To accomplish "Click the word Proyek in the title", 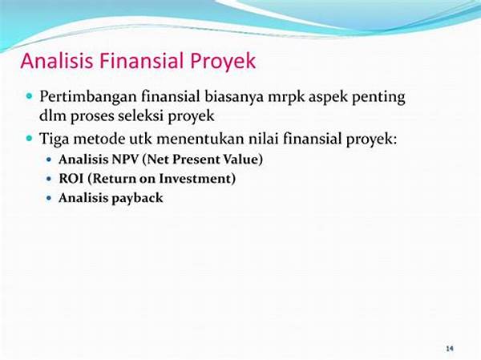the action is pos(223,62).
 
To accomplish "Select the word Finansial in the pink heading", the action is pos(142,60).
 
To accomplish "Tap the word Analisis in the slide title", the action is pos(57,60).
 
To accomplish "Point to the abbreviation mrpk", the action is pos(286,98).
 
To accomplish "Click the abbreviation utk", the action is pos(140,139).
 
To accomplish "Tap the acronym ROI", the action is pos(71,179).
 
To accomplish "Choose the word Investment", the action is pos(197,179).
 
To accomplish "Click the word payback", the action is pos(137,198).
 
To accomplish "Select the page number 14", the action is pos(450,349).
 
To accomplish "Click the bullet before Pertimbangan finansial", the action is pos(30,96).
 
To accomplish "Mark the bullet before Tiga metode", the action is pos(30,138).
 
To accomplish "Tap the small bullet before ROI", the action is pos(49,179).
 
